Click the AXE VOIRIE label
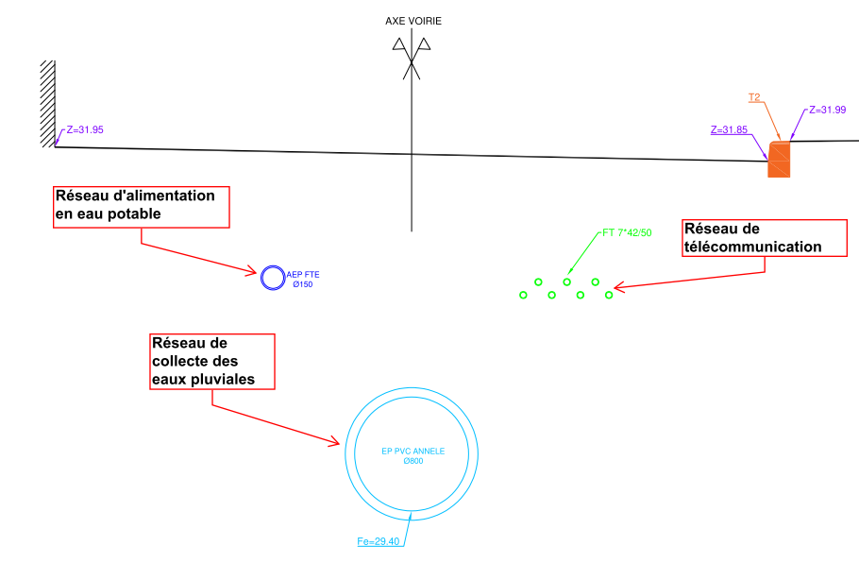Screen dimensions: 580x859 (413, 21)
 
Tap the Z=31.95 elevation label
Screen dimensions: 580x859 (85, 129)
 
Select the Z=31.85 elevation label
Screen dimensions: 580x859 (729, 130)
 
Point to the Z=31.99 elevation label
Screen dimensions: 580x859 (828, 111)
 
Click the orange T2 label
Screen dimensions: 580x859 (754, 97)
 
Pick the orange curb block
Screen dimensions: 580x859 (780, 160)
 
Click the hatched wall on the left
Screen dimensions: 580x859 (47, 104)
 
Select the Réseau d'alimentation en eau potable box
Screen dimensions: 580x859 (141, 206)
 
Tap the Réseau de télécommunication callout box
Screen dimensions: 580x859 (752, 238)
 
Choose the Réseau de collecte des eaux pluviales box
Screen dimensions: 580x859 (212, 361)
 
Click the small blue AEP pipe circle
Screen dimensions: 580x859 (272, 278)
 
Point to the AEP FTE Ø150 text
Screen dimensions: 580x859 (303, 280)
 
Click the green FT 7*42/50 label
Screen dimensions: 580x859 (627, 231)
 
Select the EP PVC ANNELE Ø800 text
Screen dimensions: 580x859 (413, 455)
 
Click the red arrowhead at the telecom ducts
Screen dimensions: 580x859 (617, 286)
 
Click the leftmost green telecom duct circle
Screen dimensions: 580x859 (523, 295)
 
